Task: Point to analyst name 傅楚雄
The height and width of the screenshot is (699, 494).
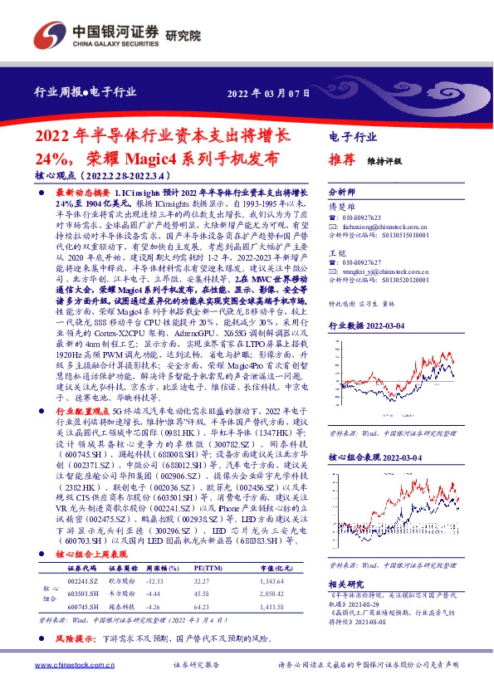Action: [340, 207]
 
